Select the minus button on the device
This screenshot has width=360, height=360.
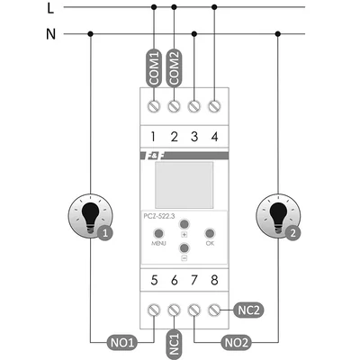pyautogui.click(x=184, y=248)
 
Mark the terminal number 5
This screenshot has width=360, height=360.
pyautogui.click(x=154, y=280)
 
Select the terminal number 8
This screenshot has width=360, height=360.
pyautogui.click(x=214, y=280)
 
